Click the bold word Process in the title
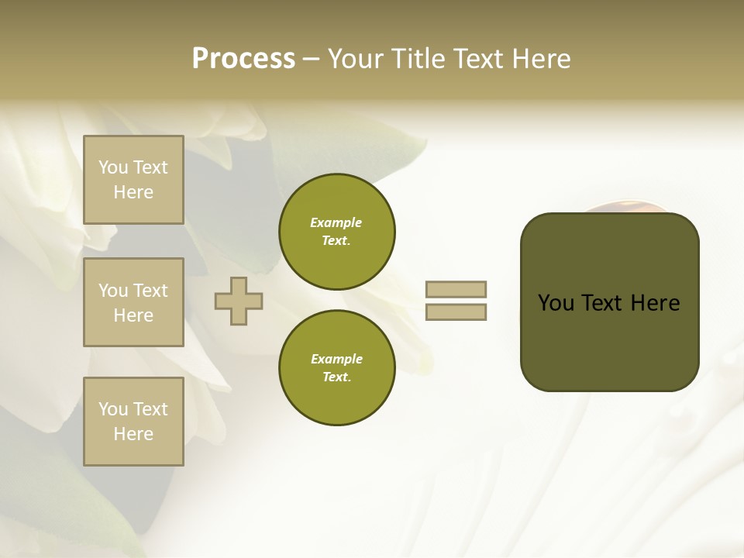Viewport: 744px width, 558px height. coord(243,59)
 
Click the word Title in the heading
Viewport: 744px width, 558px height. coord(418,59)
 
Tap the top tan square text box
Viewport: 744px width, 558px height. coord(133,180)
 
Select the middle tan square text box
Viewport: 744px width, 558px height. coord(133,302)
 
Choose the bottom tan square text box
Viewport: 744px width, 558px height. coord(133,422)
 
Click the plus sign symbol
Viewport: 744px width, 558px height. coord(238,301)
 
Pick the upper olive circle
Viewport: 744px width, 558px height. coord(337,231)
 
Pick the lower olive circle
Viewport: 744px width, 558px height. coord(337,367)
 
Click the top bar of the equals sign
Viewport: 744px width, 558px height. coord(456,289)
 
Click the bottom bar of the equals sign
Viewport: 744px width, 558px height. coord(456,312)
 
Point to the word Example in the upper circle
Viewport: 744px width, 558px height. coord(336,222)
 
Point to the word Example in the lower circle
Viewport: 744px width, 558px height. coord(336,359)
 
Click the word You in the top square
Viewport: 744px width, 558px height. coord(113,167)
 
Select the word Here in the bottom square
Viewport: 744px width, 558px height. coord(133,434)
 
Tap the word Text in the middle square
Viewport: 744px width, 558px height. coord(150,291)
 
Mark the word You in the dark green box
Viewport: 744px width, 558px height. coord(556,303)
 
